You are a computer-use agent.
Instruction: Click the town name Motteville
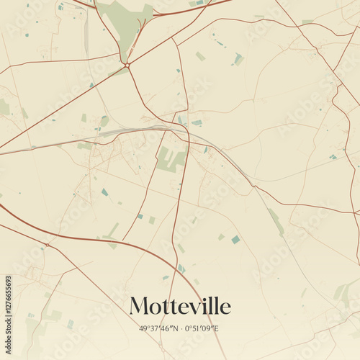180,306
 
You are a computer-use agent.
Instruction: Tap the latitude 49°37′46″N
159,329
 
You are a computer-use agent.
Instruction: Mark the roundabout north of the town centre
127,66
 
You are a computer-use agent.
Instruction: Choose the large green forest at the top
127,22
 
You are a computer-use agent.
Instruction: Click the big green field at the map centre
171,160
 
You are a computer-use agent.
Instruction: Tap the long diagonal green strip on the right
276,222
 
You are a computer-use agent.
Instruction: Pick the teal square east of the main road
235,239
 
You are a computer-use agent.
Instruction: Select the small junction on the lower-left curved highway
48,245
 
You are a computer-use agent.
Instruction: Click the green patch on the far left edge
4,107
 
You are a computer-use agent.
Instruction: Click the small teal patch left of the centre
105,192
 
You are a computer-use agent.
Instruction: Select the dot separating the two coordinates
181,329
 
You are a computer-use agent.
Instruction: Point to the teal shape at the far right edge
333,156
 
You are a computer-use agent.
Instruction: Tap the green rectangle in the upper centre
200,56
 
